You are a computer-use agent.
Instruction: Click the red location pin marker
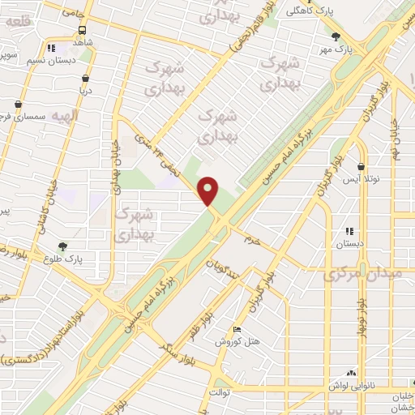pyautogui.click(x=209, y=191)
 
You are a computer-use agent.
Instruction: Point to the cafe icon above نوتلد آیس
pyautogui.click(x=362, y=166)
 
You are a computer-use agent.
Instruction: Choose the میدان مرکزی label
pyautogui.click(x=362, y=276)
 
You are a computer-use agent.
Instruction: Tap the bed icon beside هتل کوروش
pyautogui.click(x=236, y=330)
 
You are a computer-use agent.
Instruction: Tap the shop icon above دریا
pyautogui.click(x=86, y=78)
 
